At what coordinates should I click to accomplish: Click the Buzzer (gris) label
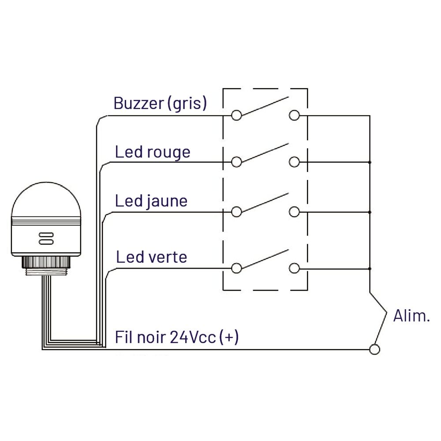point(160,103)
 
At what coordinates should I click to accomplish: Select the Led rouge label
point(153,152)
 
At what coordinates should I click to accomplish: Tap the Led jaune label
point(151,201)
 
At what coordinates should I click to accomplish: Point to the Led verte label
point(152,257)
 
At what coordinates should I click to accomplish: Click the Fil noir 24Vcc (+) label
point(177,338)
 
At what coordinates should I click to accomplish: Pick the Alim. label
point(411,316)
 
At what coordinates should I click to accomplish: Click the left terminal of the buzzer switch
point(236,116)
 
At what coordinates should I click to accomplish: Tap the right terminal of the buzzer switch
point(294,116)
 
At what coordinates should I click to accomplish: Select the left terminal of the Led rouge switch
point(236,162)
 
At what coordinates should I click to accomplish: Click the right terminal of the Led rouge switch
point(294,162)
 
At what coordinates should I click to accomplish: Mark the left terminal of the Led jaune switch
point(236,212)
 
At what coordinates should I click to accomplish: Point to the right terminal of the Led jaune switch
point(294,212)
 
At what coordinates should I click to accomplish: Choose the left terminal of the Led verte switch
point(236,268)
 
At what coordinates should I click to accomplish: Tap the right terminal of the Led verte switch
point(294,268)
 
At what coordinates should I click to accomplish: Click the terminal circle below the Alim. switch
point(374,349)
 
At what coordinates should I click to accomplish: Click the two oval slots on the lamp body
point(46,238)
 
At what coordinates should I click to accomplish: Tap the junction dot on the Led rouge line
point(370,162)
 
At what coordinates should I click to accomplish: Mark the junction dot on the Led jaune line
point(370,212)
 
